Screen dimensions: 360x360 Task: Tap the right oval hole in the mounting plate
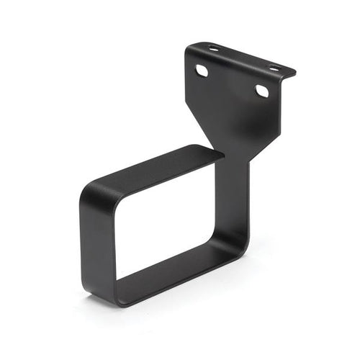[x=263, y=91]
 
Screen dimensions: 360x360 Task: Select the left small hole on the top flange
[x=214, y=48]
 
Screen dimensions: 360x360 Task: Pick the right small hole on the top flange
[x=274, y=68]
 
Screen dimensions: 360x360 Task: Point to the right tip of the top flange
[x=294, y=73]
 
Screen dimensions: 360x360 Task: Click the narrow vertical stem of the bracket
[x=240, y=194]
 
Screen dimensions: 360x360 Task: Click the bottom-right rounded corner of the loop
[x=241, y=252]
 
